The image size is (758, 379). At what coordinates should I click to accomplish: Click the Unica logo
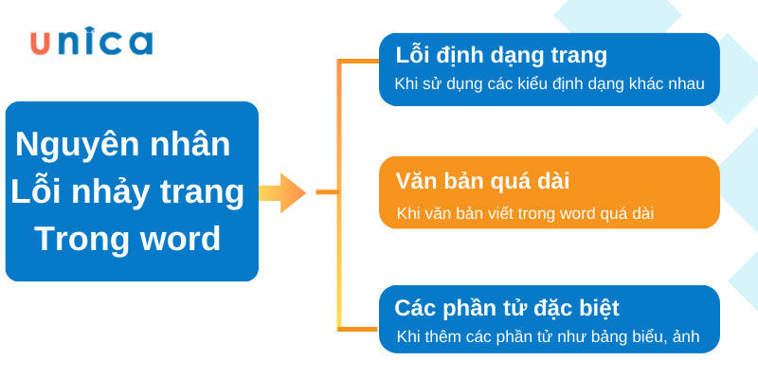91,42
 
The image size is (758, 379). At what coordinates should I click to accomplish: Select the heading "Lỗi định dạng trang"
501,55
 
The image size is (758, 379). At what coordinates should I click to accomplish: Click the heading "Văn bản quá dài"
482,181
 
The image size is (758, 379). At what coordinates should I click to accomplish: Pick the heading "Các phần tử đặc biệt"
507,308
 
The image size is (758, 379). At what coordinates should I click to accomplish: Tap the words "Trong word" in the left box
128,238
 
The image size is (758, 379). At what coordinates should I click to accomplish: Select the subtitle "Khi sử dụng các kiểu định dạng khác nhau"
550,83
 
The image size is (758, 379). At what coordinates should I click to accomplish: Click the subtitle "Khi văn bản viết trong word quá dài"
525,213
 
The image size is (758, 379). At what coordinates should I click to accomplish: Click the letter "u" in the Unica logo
41,43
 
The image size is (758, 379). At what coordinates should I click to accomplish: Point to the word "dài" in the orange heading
551,181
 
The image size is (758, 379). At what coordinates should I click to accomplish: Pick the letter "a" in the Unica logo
140,43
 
